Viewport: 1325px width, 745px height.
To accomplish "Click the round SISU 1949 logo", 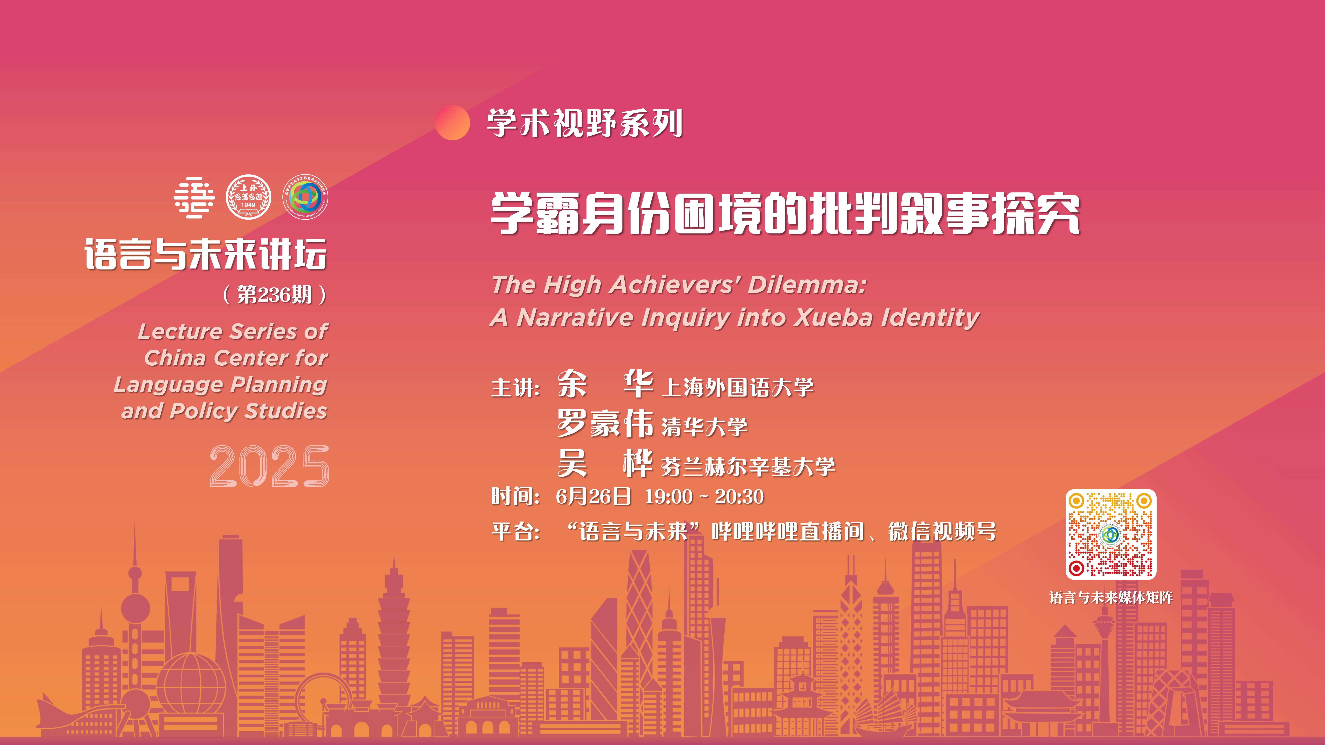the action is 248,197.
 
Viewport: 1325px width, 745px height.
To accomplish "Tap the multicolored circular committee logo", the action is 306,197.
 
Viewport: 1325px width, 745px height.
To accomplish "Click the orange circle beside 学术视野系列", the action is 453,122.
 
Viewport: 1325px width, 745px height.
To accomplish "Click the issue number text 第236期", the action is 275,295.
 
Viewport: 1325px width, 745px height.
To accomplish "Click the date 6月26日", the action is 593,497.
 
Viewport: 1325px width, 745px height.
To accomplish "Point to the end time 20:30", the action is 739,497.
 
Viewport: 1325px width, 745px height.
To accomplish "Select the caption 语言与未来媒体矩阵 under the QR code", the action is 1111,597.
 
